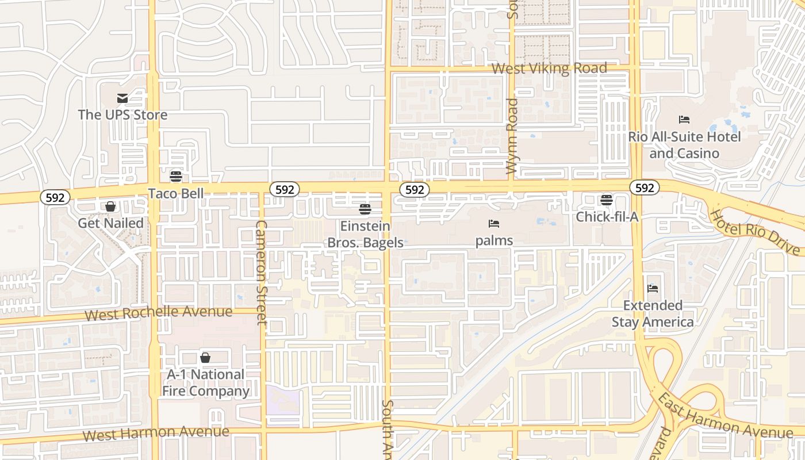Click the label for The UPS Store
[122, 114]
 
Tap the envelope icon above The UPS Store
[122, 98]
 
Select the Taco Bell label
[176, 193]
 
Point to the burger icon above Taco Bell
[176, 176]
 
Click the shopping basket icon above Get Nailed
[110, 206]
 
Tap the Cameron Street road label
[262, 272]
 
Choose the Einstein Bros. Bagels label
[365, 234]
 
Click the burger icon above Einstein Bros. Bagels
[365, 209]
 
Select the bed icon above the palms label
[494, 223]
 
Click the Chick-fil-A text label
[607, 217]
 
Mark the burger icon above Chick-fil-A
[607, 200]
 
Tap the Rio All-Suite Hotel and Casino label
[684, 145]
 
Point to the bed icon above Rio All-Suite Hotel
[684, 120]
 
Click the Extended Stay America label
[653, 313]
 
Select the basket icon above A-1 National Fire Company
[205, 358]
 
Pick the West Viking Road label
[549, 68]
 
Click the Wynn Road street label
[512, 136]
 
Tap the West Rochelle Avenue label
[159, 313]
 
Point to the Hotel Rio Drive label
[755, 232]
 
